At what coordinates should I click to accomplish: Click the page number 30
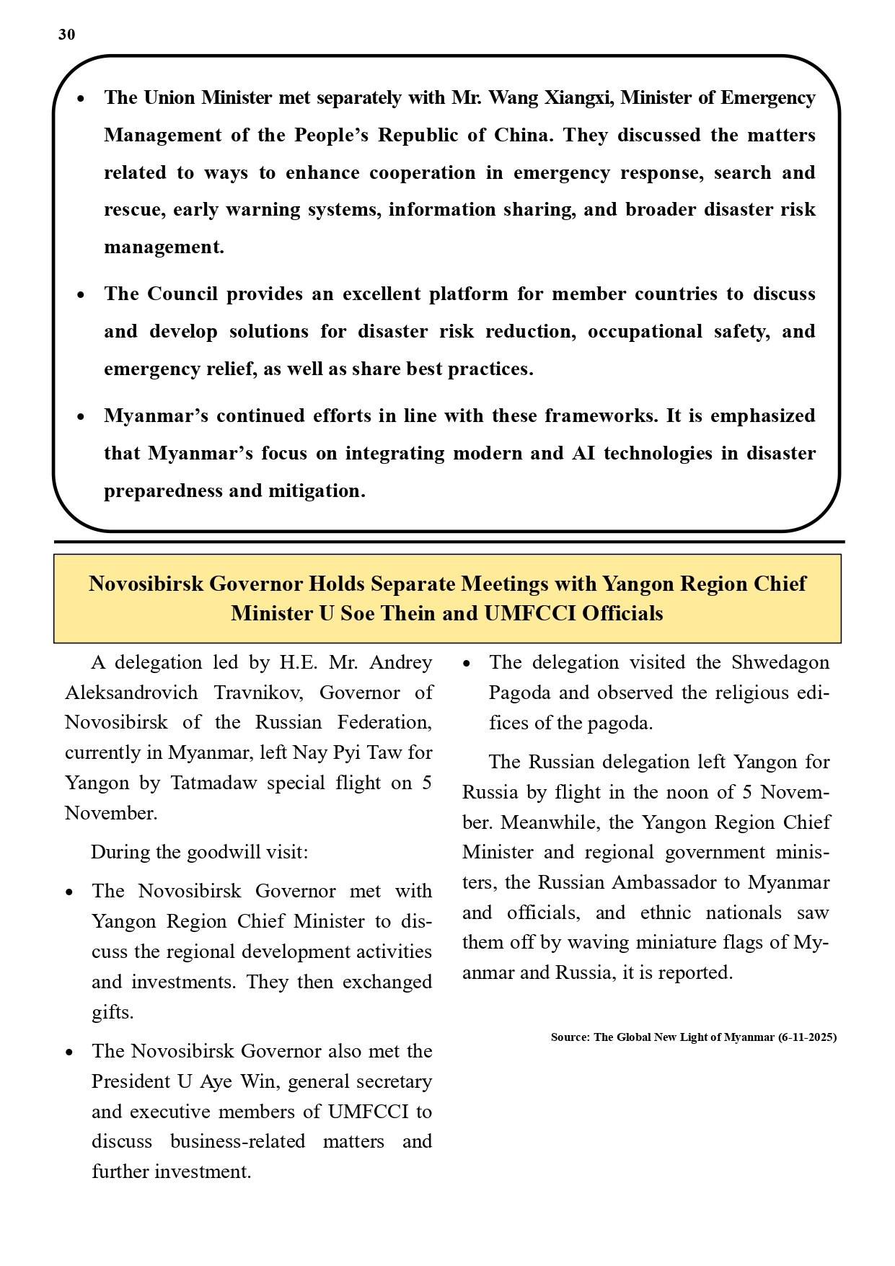tap(66, 35)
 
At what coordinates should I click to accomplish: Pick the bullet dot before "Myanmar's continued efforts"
tap(81, 416)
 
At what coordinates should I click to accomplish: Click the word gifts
tap(113, 1012)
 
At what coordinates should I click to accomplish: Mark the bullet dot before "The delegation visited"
tap(467, 663)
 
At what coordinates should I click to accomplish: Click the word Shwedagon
tap(780, 662)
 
